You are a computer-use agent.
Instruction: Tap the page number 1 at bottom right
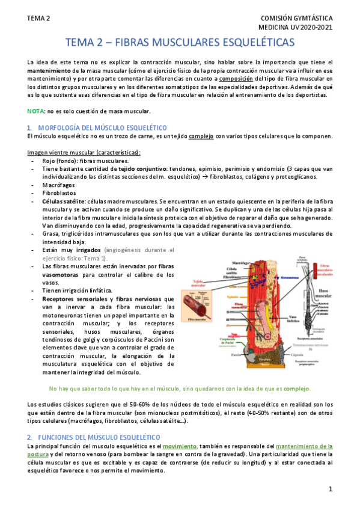tap(330, 489)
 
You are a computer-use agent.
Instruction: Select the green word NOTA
tap(35, 112)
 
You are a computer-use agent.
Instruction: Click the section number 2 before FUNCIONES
tap(29, 435)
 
